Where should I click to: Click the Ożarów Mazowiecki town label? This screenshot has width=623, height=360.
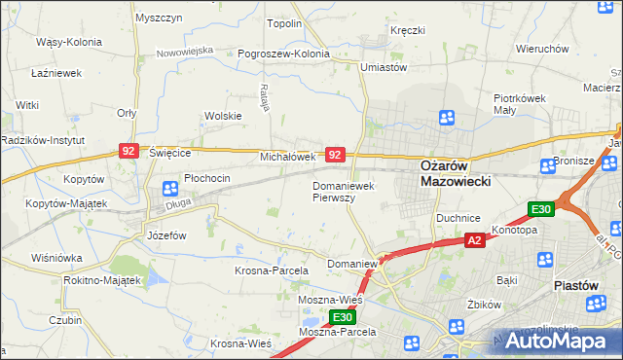click(455, 173)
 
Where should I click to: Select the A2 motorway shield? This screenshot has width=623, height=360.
click(474, 240)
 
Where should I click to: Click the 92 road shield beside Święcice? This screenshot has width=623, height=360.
click(128, 151)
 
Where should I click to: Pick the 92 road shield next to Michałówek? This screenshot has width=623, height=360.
click(335, 155)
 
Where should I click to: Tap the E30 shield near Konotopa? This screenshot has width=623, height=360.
click(541, 209)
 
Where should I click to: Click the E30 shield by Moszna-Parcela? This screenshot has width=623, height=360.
click(341, 318)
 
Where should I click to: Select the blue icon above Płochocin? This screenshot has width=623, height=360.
click(169, 188)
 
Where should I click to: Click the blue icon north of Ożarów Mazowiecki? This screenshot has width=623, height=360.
click(447, 119)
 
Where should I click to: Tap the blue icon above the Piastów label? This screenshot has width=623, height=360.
click(545, 259)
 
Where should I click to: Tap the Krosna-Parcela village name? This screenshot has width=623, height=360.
click(271, 270)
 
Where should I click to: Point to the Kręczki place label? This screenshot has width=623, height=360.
click(408, 30)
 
